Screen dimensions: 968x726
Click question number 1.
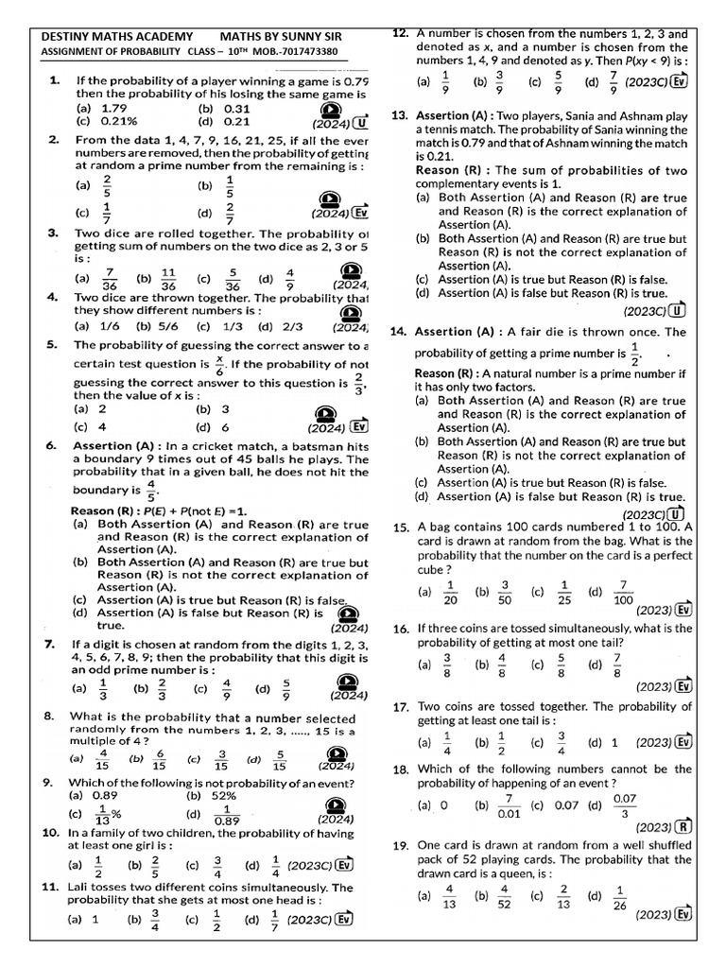point(55,82)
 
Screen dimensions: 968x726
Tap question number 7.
point(50,645)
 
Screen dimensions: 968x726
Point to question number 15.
point(400,527)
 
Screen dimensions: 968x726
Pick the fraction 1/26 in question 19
point(619,895)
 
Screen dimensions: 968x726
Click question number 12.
point(400,33)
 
